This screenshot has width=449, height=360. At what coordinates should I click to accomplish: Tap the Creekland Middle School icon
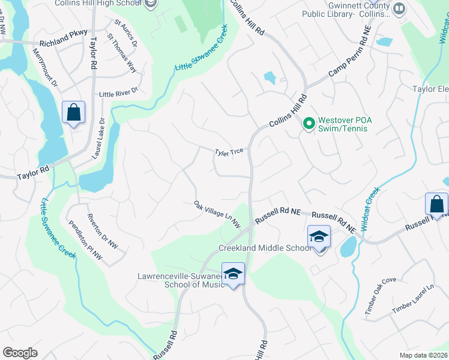pos(319,236)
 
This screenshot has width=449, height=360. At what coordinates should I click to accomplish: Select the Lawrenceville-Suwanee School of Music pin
pos(233,274)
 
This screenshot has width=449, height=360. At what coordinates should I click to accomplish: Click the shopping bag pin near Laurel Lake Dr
pos(73,112)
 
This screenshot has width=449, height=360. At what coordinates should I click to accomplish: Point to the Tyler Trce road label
pos(229,152)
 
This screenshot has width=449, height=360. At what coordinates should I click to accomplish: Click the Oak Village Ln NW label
pos(217,214)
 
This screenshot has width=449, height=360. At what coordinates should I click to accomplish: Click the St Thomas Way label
pos(121,53)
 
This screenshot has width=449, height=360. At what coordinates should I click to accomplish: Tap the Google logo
pos(20,353)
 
